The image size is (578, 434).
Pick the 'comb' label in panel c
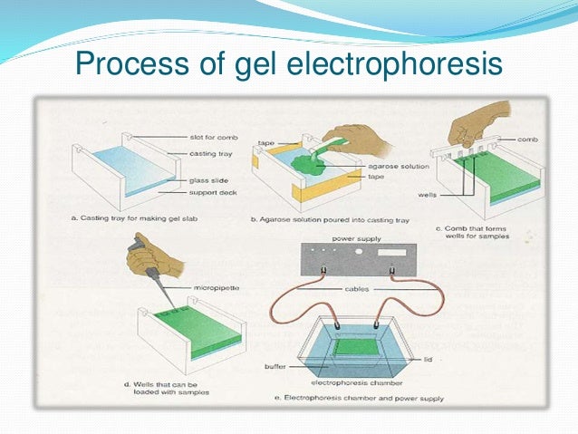[527, 140]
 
